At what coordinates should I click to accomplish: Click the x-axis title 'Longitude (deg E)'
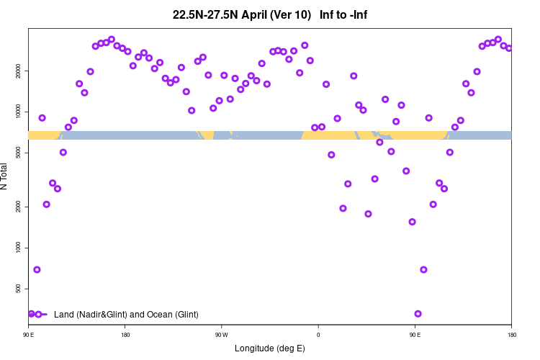click(270, 348)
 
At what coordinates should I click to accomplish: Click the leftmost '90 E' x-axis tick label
click(29, 335)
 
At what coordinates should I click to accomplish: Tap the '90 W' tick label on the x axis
click(222, 335)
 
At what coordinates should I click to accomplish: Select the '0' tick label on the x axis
click(318, 335)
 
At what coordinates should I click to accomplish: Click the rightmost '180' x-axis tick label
click(511, 335)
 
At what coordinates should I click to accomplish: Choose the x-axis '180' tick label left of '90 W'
click(125, 335)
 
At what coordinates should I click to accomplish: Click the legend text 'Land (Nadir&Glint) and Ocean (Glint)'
click(126, 315)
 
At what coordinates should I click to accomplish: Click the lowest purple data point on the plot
click(418, 314)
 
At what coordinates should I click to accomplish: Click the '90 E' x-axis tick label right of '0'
click(415, 335)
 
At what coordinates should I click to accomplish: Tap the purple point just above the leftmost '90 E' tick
click(32, 314)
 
